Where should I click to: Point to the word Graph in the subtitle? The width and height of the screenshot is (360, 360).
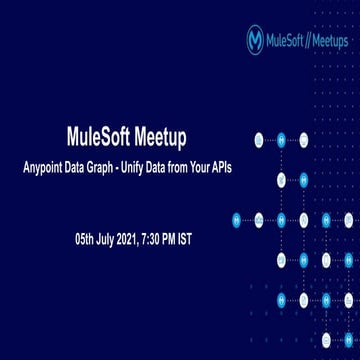pos(132,167)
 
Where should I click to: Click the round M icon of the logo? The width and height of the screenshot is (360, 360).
pos(255,40)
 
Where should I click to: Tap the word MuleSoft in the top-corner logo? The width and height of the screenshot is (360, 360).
pos(288,41)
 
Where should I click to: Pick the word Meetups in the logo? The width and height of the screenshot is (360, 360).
pos(331,41)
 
